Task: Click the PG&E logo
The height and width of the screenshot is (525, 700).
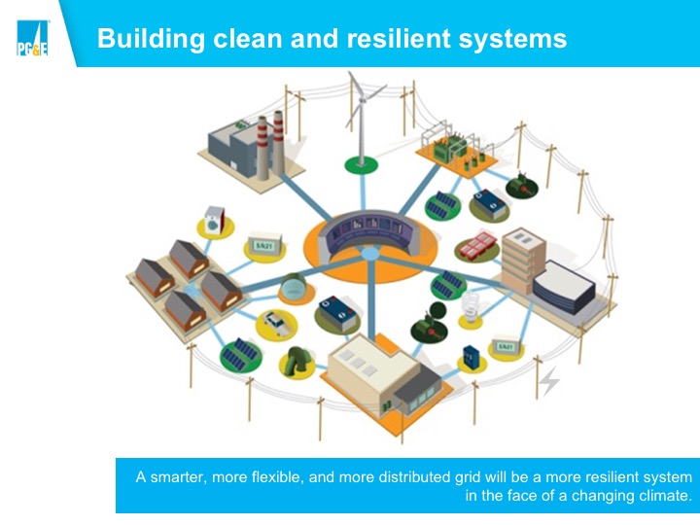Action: (32, 38)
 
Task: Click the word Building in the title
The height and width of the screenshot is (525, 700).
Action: (151, 38)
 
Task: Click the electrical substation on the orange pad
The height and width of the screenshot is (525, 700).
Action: (456, 150)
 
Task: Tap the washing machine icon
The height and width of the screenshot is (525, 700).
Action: (215, 219)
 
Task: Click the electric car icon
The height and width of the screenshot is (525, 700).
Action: (277, 324)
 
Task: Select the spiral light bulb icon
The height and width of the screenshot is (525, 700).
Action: (471, 306)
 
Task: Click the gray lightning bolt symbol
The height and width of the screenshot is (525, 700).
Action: (549, 382)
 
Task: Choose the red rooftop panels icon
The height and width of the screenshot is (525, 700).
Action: (478, 245)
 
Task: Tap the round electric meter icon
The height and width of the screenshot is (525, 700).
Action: (293, 287)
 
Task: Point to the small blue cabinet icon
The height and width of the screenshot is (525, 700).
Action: (472, 357)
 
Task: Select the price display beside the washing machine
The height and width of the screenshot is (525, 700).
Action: (265, 244)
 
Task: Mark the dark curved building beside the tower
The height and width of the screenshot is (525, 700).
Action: (564, 287)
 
